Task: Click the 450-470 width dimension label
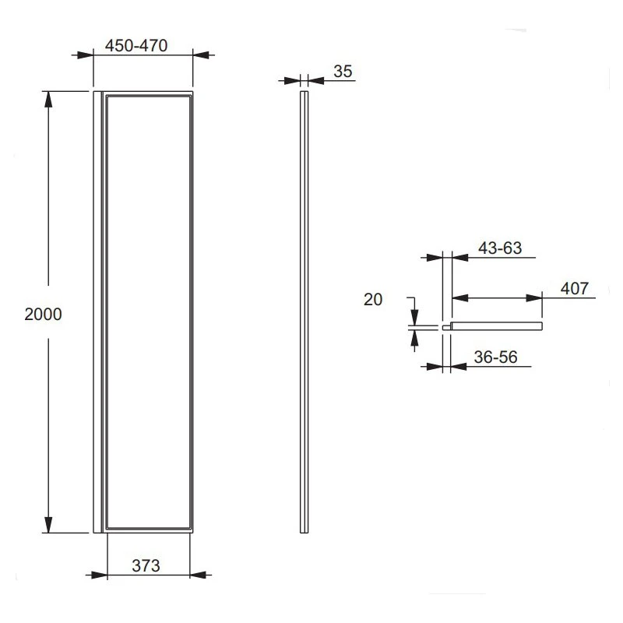click(x=136, y=46)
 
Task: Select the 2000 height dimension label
click(x=43, y=315)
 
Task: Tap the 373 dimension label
click(x=146, y=566)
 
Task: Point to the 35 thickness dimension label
click(x=343, y=72)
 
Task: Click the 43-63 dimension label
click(x=500, y=248)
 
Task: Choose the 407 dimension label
click(x=575, y=288)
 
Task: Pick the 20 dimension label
click(x=373, y=300)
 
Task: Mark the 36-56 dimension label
click(x=495, y=357)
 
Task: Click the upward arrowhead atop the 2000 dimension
click(x=48, y=100)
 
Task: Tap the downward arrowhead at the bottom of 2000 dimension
click(x=48, y=525)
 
